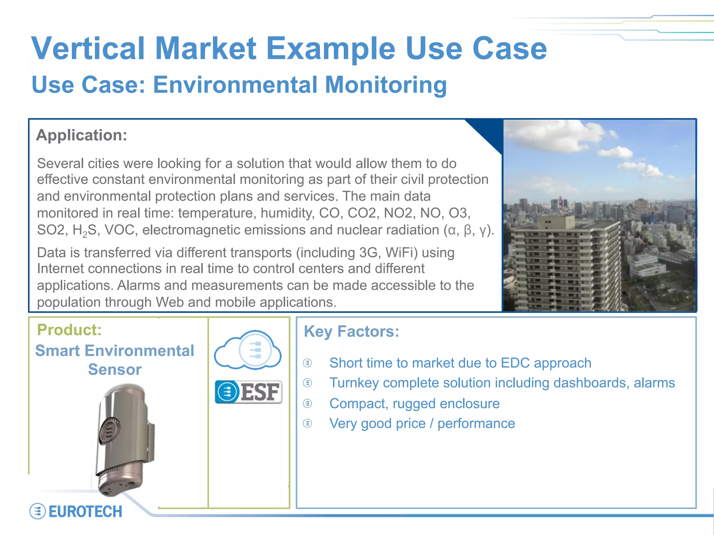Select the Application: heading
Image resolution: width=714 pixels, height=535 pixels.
[82, 135]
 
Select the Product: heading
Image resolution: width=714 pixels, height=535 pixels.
[69, 330]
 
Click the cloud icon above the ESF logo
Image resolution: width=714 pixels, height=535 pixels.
[248, 350]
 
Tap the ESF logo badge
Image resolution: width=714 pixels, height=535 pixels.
[249, 392]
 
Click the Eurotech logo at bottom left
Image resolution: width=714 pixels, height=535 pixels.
[76, 511]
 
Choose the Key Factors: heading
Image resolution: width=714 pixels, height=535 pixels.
[351, 331]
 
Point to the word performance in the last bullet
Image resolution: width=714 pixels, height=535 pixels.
[476, 424]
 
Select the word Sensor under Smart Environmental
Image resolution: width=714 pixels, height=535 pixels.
[115, 369]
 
